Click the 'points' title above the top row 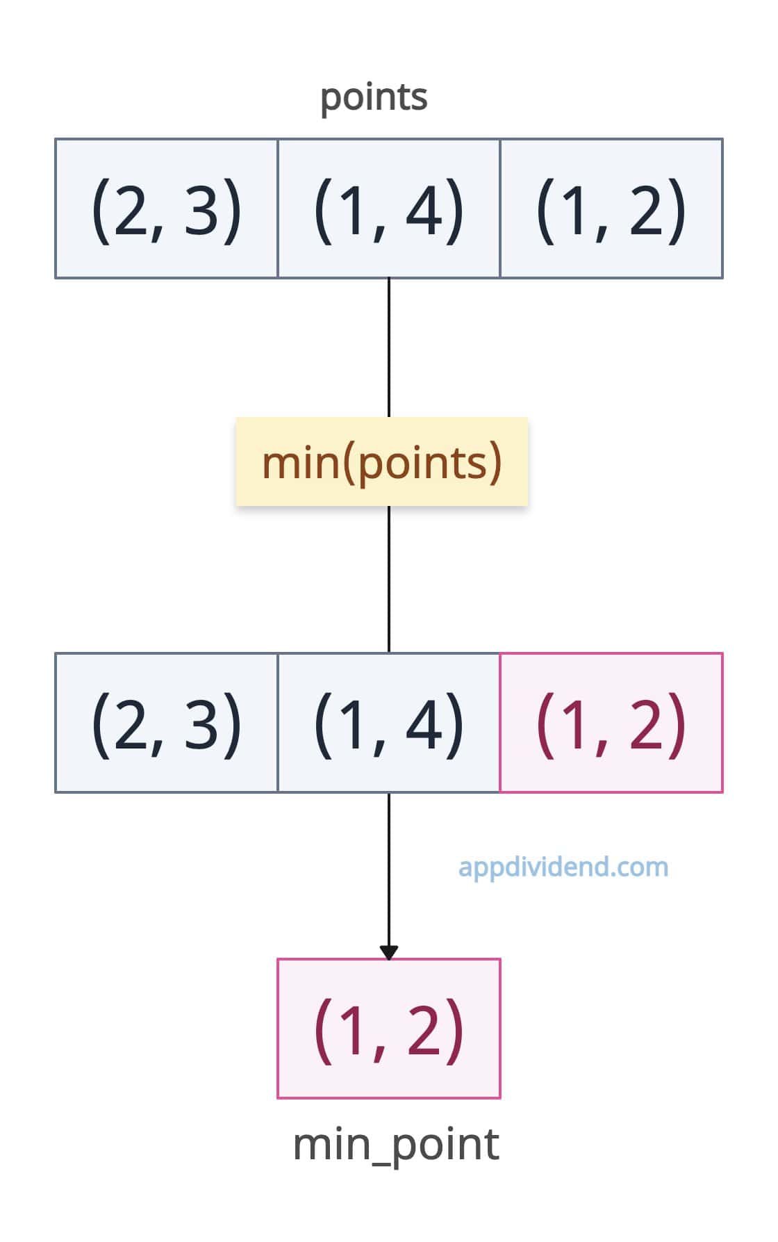374,97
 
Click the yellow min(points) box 382,461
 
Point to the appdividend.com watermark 563,867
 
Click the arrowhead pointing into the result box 389,952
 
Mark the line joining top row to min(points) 389,348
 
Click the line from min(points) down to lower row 389,579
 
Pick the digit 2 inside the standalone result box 424,1028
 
